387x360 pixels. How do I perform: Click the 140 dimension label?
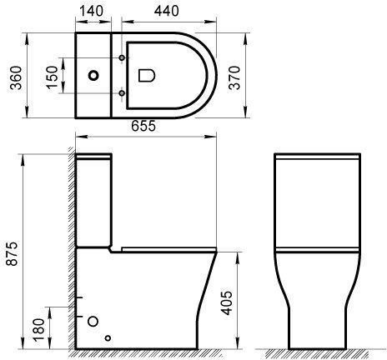coord(91,11)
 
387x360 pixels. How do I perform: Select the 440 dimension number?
coord(167,11)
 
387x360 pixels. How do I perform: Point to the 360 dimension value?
coord(16,77)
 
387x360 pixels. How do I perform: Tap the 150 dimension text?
coord(53,77)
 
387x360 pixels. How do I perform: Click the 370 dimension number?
coord(234,77)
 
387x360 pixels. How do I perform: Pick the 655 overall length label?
coord(143,126)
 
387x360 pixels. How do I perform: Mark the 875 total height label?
coord(12,254)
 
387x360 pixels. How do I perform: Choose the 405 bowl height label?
coord(226,303)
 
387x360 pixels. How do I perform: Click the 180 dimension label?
coord(38,330)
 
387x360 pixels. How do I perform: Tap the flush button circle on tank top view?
coord(93,75)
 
